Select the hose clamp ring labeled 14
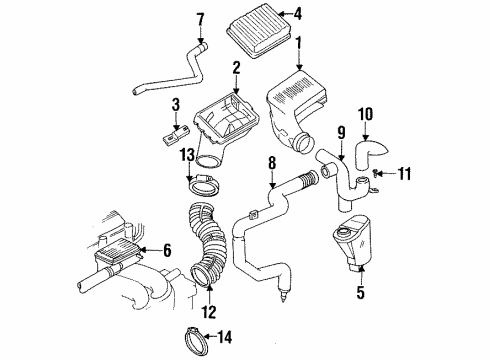pos(204,336)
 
